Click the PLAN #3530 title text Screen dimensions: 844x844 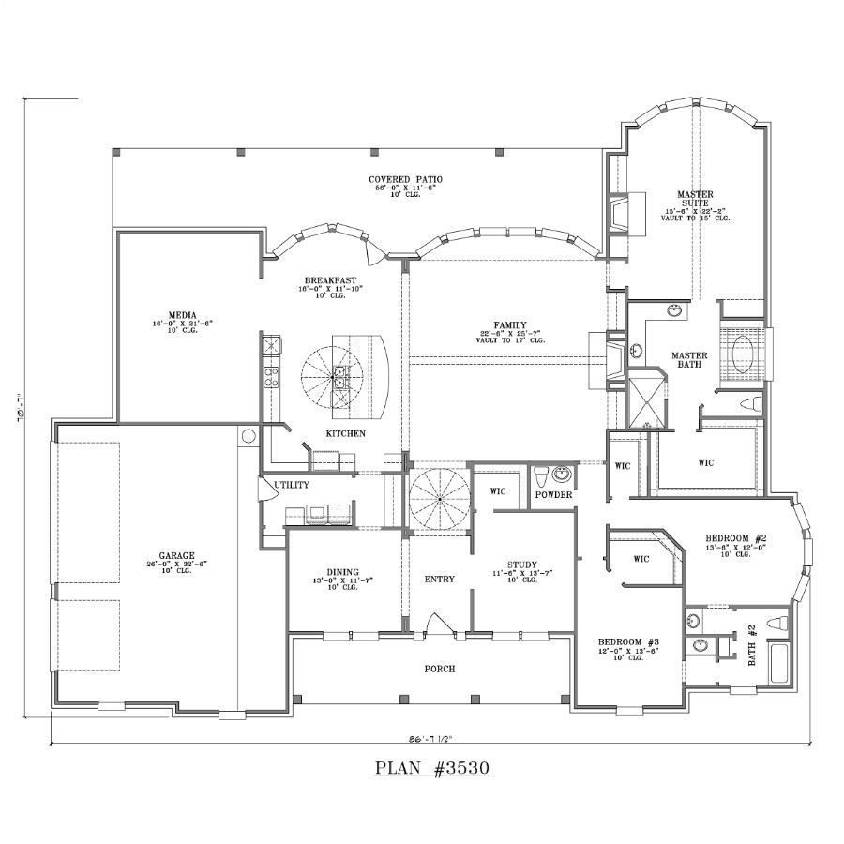tap(432, 768)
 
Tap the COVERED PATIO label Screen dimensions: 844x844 tap(405, 179)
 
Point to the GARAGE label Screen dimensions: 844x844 tap(176, 556)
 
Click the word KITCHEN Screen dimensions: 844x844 tap(345, 434)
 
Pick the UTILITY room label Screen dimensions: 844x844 tap(292, 485)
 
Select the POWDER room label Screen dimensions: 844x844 tap(554, 494)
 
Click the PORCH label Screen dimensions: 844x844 tap(439, 669)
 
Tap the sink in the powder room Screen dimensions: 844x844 tap(563, 473)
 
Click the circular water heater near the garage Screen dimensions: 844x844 tap(249, 436)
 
